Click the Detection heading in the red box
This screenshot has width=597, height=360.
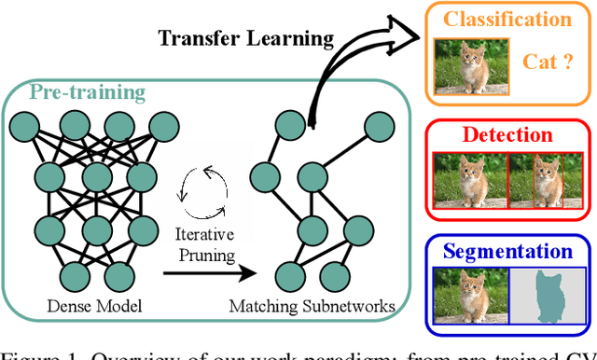pos(507,134)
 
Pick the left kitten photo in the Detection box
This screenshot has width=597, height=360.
pos(469,180)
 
